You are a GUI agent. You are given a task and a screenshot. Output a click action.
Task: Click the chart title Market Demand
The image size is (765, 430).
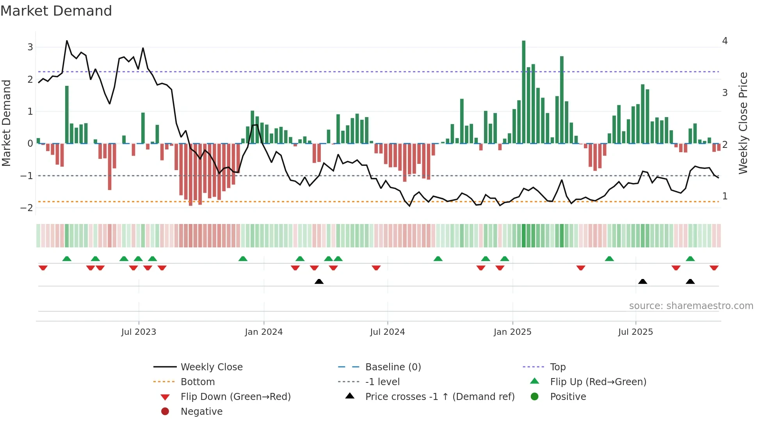coord(56,11)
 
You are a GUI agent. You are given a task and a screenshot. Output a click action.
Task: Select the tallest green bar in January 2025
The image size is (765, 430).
coord(523,92)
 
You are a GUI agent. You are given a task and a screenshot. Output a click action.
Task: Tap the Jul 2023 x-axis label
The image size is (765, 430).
coord(139,332)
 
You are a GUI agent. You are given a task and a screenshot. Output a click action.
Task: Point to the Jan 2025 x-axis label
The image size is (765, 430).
coord(512,332)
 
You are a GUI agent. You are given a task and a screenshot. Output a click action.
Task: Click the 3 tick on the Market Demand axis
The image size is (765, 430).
coord(30,47)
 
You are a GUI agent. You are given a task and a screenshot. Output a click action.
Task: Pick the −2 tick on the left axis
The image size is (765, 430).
coord(27,208)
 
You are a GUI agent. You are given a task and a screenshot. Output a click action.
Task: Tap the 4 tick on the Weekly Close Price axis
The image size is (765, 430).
coord(725,41)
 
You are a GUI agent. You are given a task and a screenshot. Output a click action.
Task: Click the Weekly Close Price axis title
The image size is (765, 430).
coord(743,123)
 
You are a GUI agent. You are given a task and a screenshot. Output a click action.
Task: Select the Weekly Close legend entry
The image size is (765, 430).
coord(211,367)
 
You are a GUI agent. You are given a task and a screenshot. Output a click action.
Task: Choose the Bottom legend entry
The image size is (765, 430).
coord(197,382)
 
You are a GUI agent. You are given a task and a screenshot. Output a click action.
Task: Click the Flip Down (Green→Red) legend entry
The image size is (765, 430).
coord(235,397)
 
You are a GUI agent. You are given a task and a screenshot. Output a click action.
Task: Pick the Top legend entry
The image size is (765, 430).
coord(557,367)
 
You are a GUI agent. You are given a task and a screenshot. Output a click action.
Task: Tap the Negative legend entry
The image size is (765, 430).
coord(201,412)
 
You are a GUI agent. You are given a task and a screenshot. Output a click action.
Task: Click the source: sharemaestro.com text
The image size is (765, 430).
coord(691,306)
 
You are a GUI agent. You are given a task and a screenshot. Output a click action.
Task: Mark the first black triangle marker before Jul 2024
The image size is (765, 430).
coord(319,281)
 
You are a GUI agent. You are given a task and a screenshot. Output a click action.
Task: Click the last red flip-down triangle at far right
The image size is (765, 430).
coord(714,268)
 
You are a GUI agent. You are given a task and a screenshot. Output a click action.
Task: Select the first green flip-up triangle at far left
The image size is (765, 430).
coord(67,259)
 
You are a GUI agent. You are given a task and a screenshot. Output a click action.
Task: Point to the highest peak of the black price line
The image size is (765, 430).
coord(67,41)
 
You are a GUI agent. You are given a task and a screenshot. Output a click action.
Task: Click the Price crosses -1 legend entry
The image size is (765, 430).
coord(439,397)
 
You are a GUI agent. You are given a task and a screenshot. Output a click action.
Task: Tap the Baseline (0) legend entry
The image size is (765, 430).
coord(393,367)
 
